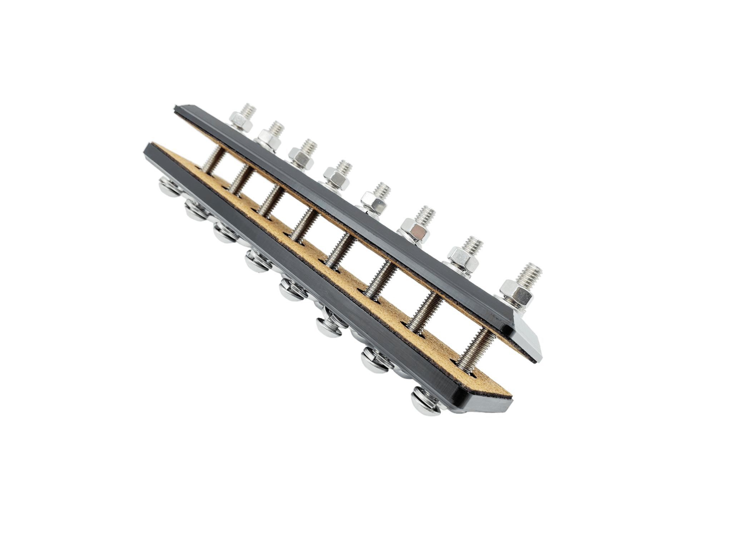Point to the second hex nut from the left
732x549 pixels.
pos(269,137)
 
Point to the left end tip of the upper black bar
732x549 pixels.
pos(177,109)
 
